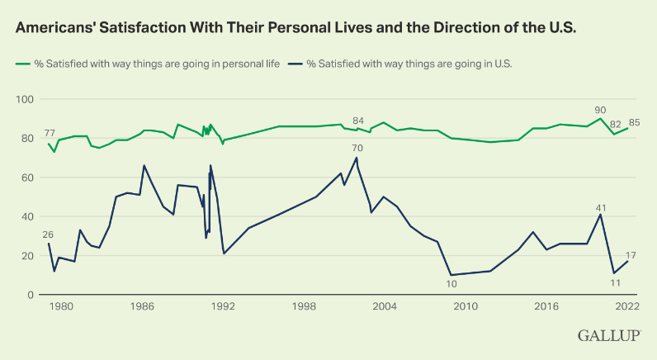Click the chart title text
(x=295, y=26)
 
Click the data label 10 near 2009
(x=451, y=285)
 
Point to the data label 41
(x=602, y=207)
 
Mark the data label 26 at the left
(x=49, y=234)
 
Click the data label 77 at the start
(x=50, y=133)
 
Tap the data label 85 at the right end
(x=634, y=123)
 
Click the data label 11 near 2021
(x=615, y=283)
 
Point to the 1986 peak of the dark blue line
(x=144, y=166)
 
